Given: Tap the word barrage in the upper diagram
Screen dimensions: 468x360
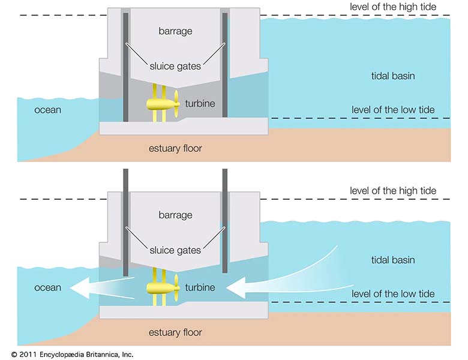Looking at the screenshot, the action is pyautogui.click(x=175, y=31).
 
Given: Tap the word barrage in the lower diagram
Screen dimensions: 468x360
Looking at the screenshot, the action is pyautogui.click(x=175, y=215).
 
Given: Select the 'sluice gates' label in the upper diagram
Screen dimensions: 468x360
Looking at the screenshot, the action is pyautogui.click(x=175, y=66).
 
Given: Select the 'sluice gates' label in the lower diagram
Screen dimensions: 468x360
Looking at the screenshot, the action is pyautogui.click(x=175, y=250).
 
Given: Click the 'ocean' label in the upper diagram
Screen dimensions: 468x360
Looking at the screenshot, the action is pyautogui.click(x=48, y=110).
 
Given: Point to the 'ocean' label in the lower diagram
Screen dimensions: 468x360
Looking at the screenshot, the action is pyautogui.click(x=48, y=288).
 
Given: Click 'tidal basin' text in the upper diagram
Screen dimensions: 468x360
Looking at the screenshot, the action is pyautogui.click(x=393, y=76).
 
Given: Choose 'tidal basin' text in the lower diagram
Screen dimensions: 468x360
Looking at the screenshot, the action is pyautogui.click(x=393, y=260).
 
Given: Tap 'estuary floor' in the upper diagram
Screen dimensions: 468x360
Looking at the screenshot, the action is pyautogui.click(x=175, y=148).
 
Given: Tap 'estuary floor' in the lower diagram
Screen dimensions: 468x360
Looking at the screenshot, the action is pyautogui.click(x=175, y=332).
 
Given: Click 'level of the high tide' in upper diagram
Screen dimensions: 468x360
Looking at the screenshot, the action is pyautogui.click(x=393, y=7).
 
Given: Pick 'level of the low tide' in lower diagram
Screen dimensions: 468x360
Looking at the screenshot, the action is pyautogui.click(x=393, y=294).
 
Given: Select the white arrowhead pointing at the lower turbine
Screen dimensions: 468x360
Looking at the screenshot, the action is pyautogui.click(x=236, y=288).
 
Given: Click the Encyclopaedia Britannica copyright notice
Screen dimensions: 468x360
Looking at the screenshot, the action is pyautogui.click(x=72, y=355).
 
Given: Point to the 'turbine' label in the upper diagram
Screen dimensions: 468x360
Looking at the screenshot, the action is pyautogui.click(x=200, y=103).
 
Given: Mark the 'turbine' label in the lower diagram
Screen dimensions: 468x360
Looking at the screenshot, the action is pyautogui.click(x=200, y=287).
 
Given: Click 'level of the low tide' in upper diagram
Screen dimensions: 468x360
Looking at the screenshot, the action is pyautogui.click(x=393, y=110).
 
